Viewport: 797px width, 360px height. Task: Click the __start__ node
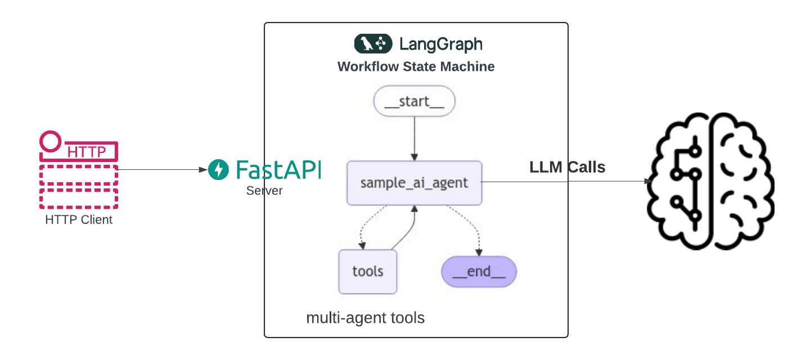tap(414, 102)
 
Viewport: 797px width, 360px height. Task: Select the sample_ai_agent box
tap(414, 183)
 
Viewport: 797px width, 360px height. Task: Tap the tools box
tap(367, 271)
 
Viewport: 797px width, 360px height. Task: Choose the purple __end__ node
tap(479, 272)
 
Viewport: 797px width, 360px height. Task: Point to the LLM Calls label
tap(567, 167)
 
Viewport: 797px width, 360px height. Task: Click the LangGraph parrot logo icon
tap(372, 44)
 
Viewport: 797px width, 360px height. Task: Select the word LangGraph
tap(440, 44)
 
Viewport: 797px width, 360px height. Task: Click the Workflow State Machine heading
tap(416, 66)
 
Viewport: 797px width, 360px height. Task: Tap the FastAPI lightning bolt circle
tap(218, 169)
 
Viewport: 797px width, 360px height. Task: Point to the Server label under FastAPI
tap(264, 191)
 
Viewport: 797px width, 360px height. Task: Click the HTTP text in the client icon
tap(86, 152)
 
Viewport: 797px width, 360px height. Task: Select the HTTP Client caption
tap(79, 220)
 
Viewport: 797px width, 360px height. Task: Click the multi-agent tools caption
tap(365, 318)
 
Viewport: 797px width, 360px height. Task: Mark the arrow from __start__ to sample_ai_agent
tap(414, 138)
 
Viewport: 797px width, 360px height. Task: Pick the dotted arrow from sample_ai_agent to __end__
tap(470, 225)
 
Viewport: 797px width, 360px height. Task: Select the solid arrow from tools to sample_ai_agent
tap(408, 231)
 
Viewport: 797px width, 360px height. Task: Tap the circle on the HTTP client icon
tap(51, 141)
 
